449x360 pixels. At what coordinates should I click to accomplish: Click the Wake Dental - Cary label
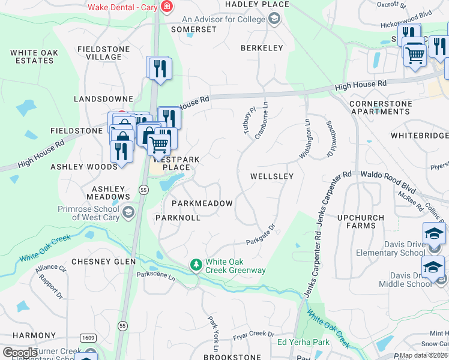point(122,7)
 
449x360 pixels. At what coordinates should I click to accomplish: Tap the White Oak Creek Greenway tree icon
point(196,265)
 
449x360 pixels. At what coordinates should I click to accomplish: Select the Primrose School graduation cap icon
point(128,212)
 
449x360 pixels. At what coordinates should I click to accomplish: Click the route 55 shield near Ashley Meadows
point(143,190)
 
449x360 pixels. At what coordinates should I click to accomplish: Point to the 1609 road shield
point(88,338)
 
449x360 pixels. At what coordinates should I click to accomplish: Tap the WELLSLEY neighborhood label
point(272,176)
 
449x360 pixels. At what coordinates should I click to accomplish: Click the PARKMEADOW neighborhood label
point(202,203)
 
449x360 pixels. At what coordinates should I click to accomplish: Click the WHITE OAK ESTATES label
point(34,57)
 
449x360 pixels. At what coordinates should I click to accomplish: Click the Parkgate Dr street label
point(260,235)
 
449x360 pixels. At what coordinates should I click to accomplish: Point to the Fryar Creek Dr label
point(254,334)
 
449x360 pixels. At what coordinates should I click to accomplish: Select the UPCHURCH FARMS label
point(365,221)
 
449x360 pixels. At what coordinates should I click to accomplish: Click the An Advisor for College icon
point(274,20)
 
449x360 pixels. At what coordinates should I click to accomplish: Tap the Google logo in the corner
point(20,353)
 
